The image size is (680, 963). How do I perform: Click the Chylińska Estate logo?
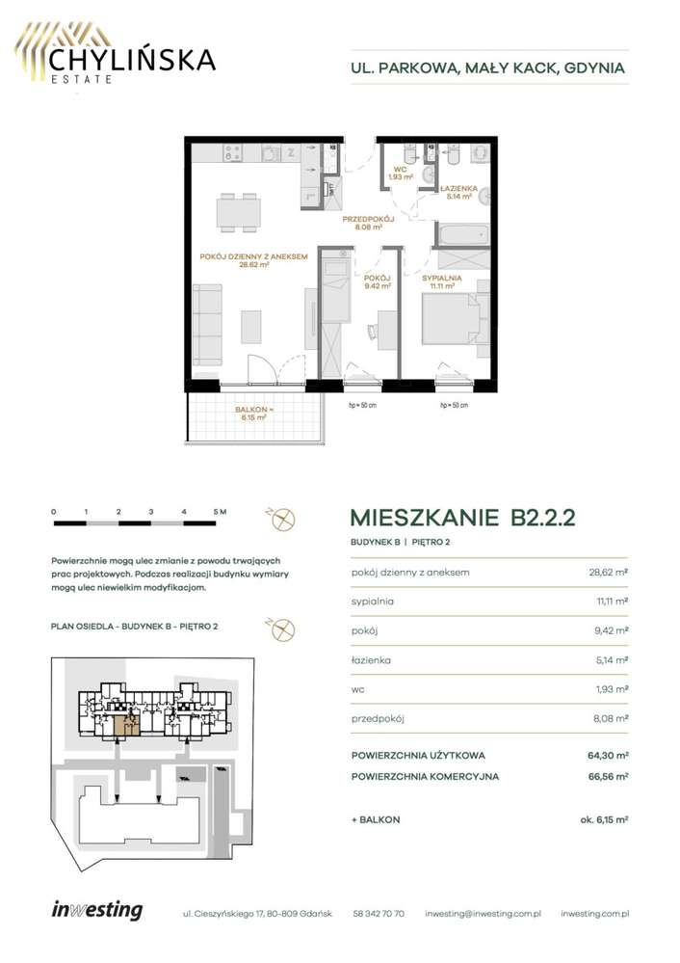click(x=115, y=53)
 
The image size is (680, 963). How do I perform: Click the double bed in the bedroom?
click(x=456, y=317)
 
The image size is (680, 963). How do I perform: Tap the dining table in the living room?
click(x=238, y=212)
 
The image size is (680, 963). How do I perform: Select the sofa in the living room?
click(x=207, y=325)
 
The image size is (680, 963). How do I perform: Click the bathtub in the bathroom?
click(x=462, y=234)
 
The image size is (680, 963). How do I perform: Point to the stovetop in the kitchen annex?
click(x=232, y=153)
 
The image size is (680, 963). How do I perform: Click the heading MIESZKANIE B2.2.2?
click(x=462, y=518)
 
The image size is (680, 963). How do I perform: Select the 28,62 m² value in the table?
click(x=607, y=572)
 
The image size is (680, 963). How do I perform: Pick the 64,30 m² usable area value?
click(x=608, y=756)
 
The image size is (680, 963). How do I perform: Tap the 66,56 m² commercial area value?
click(x=608, y=776)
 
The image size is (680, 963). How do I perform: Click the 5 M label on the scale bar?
click(x=220, y=512)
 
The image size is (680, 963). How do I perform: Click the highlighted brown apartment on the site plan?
click(x=126, y=725)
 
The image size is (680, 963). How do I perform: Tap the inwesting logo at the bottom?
click(x=97, y=910)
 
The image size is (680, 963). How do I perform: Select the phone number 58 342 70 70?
click(x=379, y=914)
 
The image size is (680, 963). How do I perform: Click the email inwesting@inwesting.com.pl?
click(x=483, y=914)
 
